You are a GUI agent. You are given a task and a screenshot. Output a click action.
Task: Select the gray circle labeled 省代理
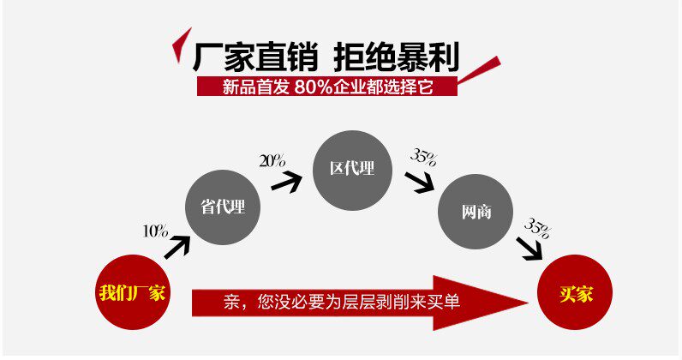click(x=223, y=206)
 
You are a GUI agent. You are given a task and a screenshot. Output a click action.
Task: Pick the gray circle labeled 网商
click(x=476, y=212)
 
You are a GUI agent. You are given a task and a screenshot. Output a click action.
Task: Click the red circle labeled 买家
click(x=575, y=292)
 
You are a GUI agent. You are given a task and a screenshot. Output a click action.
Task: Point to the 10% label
click(x=155, y=231)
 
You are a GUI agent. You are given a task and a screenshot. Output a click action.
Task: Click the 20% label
click(x=272, y=161)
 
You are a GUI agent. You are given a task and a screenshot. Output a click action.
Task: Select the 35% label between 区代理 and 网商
click(x=423, y=157)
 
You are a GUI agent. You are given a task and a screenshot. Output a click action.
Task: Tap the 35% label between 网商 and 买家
click(x=536, y=227)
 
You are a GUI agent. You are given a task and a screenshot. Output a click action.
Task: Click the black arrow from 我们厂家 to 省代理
click(x=176, y=248)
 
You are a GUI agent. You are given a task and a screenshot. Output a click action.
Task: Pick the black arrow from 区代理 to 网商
click(x=420, y=181)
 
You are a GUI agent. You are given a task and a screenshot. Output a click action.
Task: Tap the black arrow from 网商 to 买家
click(x=531, y=249)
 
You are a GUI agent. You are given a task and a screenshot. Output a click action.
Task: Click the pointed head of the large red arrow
click(x=497, y=301)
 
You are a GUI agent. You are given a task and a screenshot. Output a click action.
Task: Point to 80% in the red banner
click(x=312, y=87)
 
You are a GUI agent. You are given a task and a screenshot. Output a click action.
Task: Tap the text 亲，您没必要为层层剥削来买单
click(x=343, y=301)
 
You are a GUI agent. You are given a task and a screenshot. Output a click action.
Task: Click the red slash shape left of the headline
click(x=182, y=46)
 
